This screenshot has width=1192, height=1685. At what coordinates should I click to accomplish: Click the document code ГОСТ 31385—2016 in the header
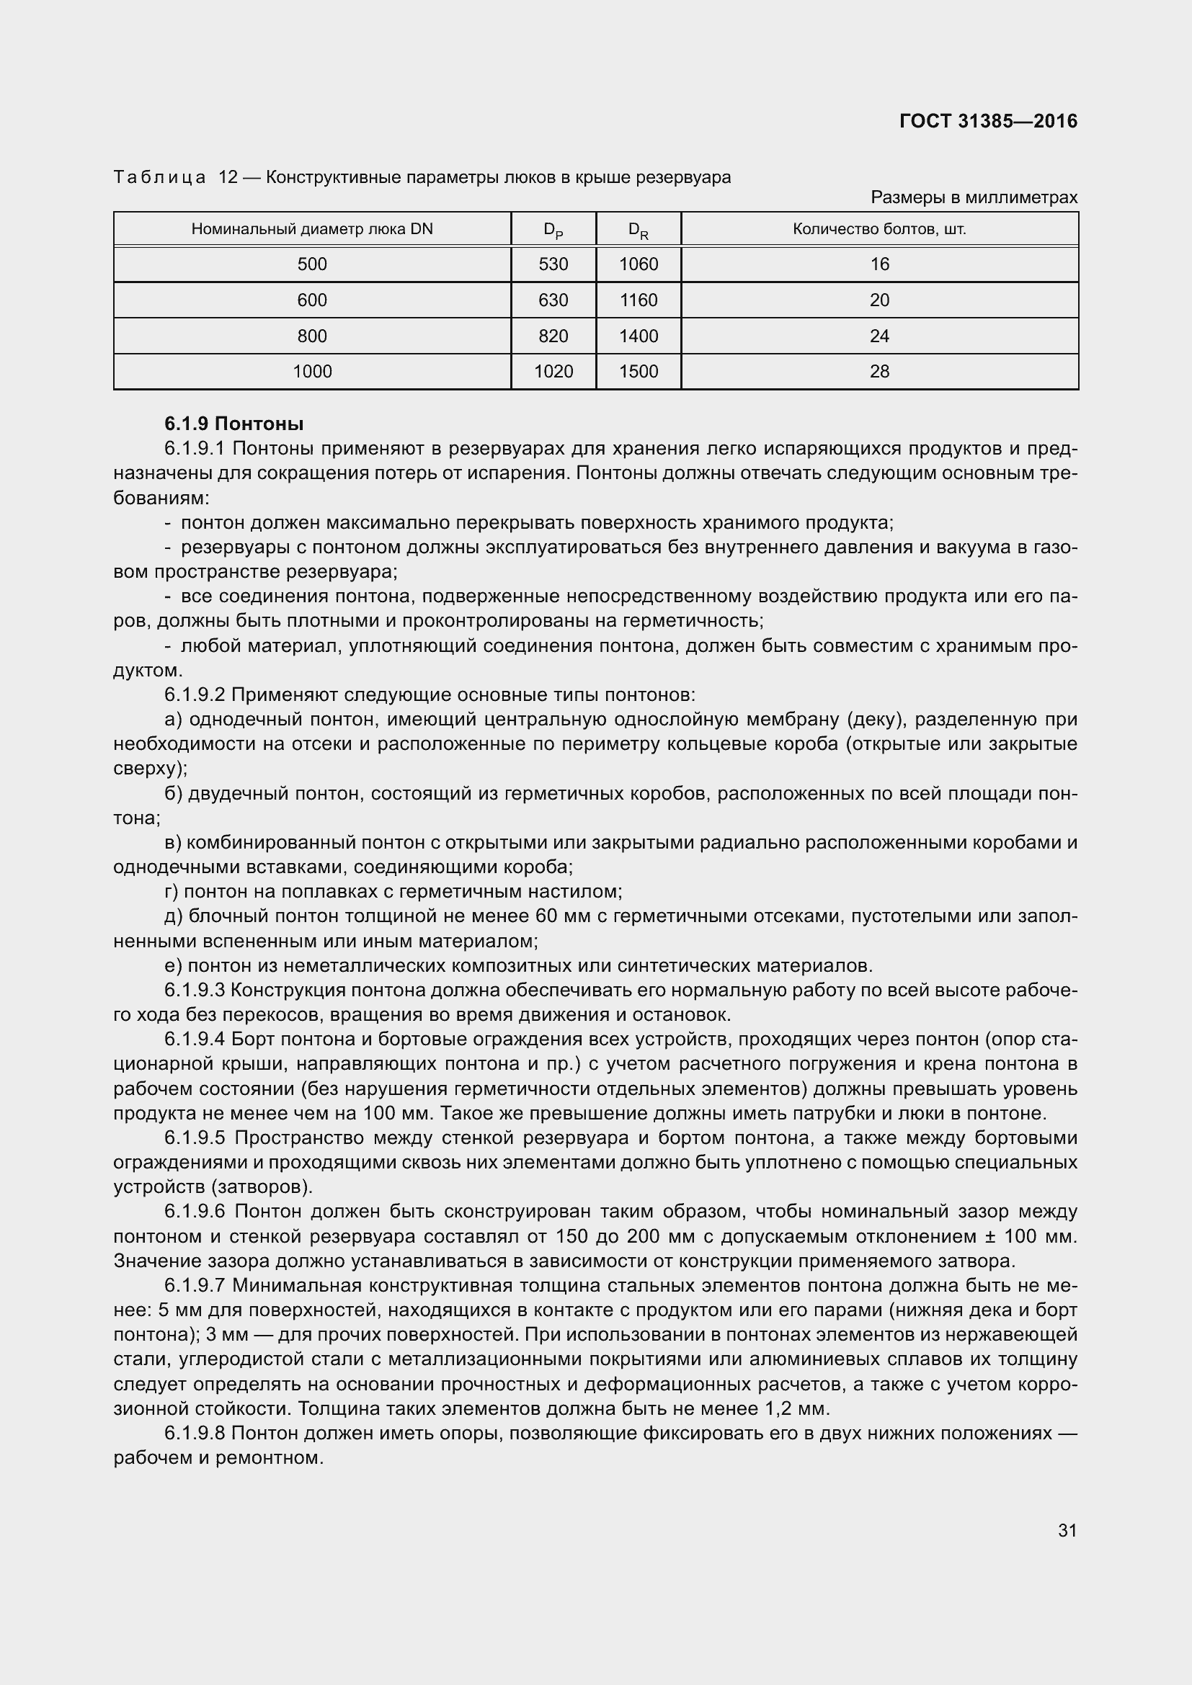(x=988, y=121)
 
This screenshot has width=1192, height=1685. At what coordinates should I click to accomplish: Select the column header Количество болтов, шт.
(x=879, y=229)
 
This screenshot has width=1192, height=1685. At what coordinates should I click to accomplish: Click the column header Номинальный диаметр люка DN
(x=312, y=229)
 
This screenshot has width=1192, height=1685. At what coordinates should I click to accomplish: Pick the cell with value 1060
(x=639, y=264)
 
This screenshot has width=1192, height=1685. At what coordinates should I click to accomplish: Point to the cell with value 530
(x=553, y=264)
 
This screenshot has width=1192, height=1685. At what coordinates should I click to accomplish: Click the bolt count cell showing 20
(x=879, y=300)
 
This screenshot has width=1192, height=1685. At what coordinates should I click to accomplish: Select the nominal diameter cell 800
(x=312, y=336)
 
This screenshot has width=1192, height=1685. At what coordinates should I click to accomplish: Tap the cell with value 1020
(x=553, y=371)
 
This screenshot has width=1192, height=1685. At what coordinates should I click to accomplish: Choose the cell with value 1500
(x=639, y=371)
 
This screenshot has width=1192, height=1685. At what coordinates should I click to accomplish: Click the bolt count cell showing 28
(x=879, y=371)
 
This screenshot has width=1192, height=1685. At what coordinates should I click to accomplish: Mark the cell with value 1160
(x=639, y=300)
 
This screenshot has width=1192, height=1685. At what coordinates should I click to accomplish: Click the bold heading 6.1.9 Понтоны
(x=234, y=424)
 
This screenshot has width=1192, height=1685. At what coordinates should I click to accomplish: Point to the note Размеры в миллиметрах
(x=974, y=197)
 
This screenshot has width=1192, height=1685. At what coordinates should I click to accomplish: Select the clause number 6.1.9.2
(x=195, y=694)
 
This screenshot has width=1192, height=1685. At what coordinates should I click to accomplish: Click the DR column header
(x=639, y=230)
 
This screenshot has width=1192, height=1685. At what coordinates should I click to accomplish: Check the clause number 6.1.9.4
(x=195, y=1040)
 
